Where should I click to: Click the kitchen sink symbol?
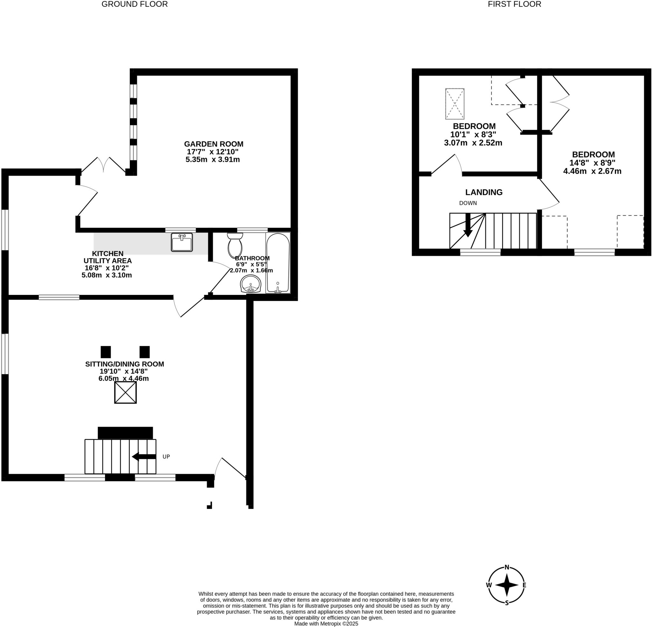[182, 242]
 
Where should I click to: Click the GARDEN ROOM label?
[214, 144]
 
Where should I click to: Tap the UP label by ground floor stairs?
[166, 457]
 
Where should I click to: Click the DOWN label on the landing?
[468, 203]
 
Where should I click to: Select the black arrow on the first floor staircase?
[468, 226]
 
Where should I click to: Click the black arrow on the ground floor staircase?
[144, 457]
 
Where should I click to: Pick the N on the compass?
[507, 567]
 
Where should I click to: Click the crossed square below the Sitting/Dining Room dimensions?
[125, 393]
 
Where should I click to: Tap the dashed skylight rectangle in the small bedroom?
[454, 104]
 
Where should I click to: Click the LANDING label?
[484, 192]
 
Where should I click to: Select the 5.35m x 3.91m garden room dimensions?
[213, 160]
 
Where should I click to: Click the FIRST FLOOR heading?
[514, 4]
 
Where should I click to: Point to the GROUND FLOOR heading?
[134, 4]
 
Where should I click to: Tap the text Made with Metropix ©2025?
[326, 624]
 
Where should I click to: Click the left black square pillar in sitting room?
[105, 352]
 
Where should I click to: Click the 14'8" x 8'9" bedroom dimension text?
[592, 163]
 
